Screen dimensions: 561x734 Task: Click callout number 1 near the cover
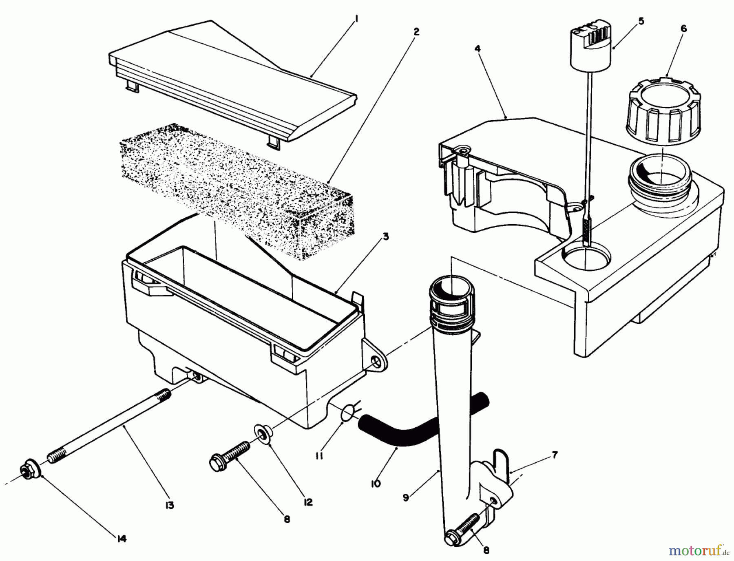pyautogui.click(x=356, y=20)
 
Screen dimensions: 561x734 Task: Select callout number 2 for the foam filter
pyautogui.click(x=416, y=32)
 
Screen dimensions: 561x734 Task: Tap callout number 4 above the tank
pyautogui.click(x=478, y=49)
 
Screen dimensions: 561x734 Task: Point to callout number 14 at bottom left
pyautogui.click(x=122, y=539)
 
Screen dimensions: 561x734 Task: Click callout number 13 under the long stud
pyautogui.click(x=170, y=506)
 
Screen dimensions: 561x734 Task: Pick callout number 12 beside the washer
pyautogui.click(x=308, y=503)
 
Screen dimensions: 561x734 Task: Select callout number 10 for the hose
pyautogui.click(x=376, y=484)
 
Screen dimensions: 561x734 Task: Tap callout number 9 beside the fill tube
pyautogui.click(x=406, y=498)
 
